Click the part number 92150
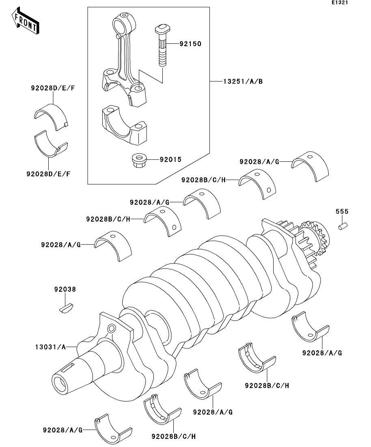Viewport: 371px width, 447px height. click(x=190, y=44)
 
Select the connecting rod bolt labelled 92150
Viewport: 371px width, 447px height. click(x=163, y=46)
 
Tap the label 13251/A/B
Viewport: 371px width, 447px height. click(x=243, y=81)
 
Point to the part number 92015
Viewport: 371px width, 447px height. click(x=170, y=159)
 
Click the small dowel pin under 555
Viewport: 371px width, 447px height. click(x=343, y=227)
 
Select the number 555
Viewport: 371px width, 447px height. click(x=342, y=212)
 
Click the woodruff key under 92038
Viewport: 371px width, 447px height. click(x=66, y=308)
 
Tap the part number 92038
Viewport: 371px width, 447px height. click(x=65, y=289)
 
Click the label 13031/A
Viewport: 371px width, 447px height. click(x=50, y=347)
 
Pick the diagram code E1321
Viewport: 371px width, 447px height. click(x=340, y=2)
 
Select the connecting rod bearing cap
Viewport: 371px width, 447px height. click(x=124, y=126)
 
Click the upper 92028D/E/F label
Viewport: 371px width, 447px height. click(x=53, y=88)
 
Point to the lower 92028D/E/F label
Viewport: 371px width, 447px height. click(x=48, y=173)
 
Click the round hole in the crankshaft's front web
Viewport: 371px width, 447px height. click(x=111, y=329)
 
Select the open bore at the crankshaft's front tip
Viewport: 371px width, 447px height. click(x=60, y=385)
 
